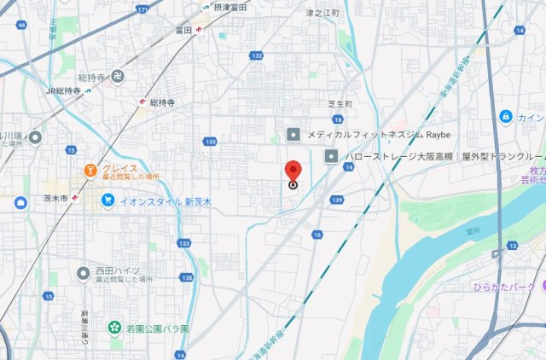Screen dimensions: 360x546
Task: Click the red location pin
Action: (x=293, y=170)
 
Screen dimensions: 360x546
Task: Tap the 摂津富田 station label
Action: (x=230, y=7)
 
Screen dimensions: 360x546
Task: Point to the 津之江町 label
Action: (x=322, y=14)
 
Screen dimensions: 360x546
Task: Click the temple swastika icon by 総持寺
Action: (x=119, y=76)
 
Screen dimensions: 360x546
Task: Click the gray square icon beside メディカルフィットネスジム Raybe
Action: (x=293, y=134)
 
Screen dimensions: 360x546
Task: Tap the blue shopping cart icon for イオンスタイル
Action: (x=107, y=200)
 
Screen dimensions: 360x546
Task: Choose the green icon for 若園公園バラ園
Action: (x=113, y=328)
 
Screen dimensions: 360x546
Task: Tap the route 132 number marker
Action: (x=257, y=55)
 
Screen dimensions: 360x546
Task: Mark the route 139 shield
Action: (x=337, y=199)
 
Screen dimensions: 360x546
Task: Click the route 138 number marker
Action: (x=186, y=278)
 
